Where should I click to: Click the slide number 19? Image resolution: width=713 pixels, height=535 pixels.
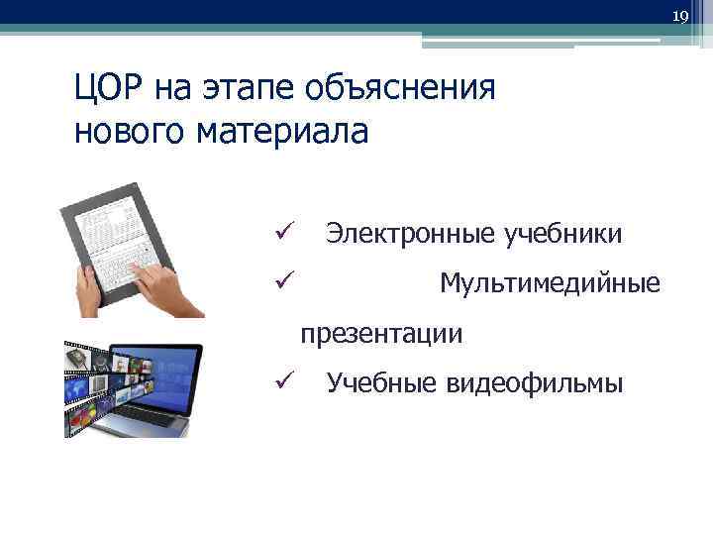click(x=679, y=17)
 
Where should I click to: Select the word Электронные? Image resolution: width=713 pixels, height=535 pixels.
click(x=411, y=235)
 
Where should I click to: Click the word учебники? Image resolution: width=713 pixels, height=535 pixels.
click(x=563, y=235)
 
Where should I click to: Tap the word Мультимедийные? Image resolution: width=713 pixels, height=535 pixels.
click(x=550, y=284)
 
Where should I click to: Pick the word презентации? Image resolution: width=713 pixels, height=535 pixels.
click(x=382, y=334)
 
